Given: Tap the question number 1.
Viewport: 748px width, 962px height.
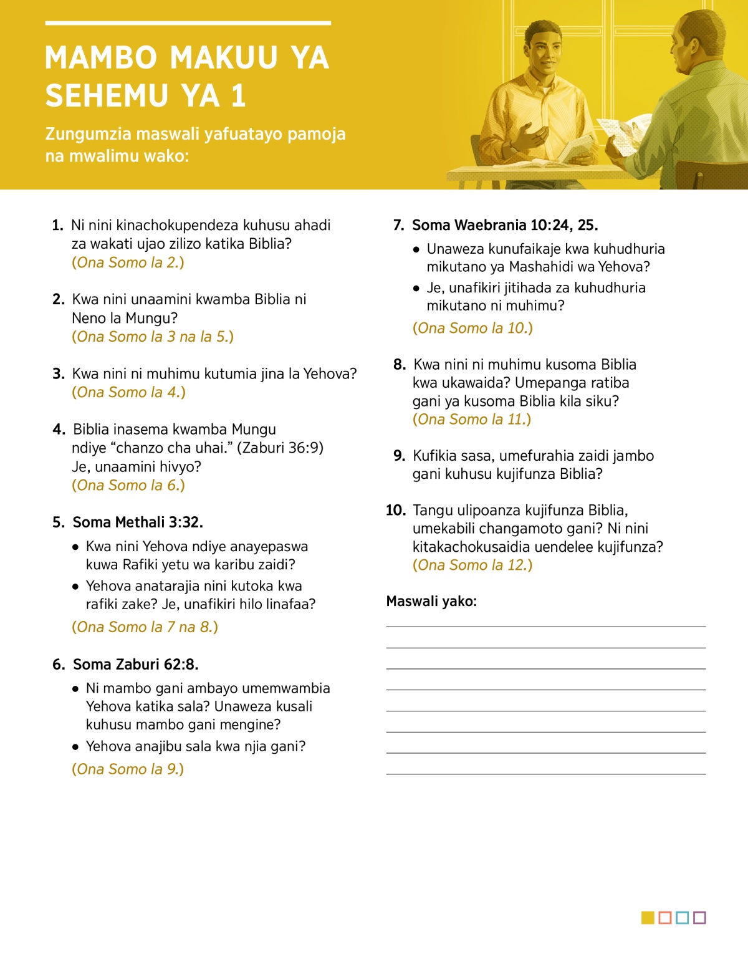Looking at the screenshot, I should click(x=57, y=225).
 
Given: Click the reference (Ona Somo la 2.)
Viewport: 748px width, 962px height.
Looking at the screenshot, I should click(x=128, y=262).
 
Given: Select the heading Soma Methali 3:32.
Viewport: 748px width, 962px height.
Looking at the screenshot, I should click(x=138, y=522).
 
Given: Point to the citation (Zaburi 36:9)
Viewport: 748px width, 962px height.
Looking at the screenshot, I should click(x=280, y=448).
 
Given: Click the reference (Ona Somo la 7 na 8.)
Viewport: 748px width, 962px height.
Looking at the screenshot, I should click(x=145, y=627).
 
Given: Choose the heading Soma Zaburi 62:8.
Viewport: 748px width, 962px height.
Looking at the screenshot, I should click(x=135, y=664).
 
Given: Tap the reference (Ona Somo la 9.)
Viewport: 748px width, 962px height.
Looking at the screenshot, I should click(x=128, y=769).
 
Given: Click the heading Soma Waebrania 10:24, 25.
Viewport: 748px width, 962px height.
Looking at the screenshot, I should click(x=505, y=225).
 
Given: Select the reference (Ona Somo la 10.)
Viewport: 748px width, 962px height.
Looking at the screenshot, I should click(x=472, y=328).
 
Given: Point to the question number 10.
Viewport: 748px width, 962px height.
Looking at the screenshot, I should click(x=395, y=510).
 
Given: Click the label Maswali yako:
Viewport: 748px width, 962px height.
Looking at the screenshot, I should click(x=431, y=601).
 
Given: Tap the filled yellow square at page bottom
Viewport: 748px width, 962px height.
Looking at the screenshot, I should click(x=648, y=918).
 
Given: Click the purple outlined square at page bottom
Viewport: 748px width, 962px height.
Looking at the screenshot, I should click(x=699, y=918).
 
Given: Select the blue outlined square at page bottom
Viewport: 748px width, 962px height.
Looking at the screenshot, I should click(x=682, y=918).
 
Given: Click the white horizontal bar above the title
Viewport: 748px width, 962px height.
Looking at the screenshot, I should click(x=188, y=24).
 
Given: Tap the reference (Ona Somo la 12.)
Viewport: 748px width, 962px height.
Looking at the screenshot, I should click(x=472, y=565).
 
